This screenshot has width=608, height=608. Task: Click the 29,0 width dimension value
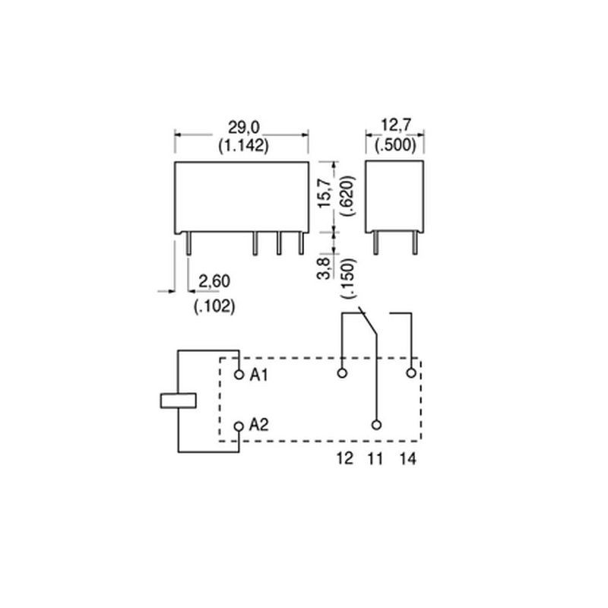[x=243, y=127]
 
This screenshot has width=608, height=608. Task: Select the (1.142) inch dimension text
[x=243, y=146]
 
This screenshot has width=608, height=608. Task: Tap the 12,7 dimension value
[x=395, y=125]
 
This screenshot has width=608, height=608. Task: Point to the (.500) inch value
[x=395, y=144]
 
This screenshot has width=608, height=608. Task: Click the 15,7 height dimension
[x=325, y=193]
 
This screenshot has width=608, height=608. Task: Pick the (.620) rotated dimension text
[x=347, y=196]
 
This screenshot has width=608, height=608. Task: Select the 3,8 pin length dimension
[x=325, y=268]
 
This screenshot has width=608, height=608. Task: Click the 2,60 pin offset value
[x=214, y=281]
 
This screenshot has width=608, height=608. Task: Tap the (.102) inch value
[x=214, y=306]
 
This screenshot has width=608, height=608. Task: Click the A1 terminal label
[x=258, y=375]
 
